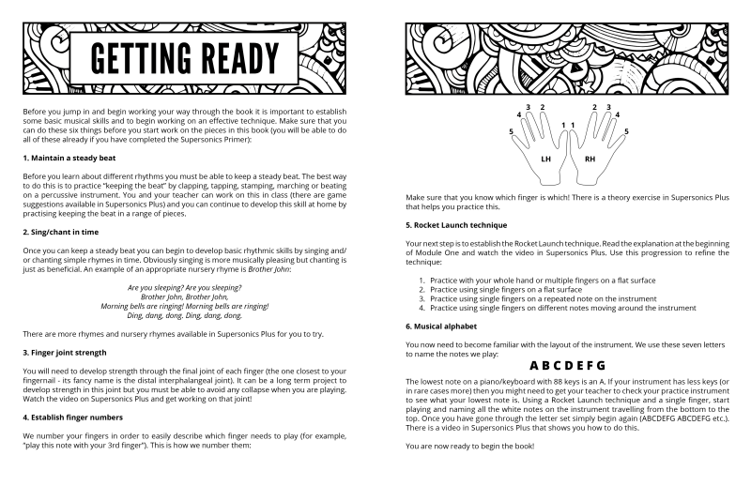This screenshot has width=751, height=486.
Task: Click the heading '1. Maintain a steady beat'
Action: [69, 158]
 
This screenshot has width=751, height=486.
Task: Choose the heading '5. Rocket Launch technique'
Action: [455, 225]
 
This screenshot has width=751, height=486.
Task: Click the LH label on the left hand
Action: [545, 159]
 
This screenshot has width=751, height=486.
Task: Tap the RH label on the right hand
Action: [590, 159]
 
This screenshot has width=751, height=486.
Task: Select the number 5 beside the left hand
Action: [511, 131]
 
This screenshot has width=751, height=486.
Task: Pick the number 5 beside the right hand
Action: [625, 131]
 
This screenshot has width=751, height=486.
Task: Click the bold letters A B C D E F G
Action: [567, 365]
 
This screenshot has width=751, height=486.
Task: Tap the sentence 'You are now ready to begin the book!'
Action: [469, 444]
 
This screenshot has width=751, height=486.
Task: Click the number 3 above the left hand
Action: [529, 108]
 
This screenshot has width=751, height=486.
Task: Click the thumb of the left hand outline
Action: [560, 137]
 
